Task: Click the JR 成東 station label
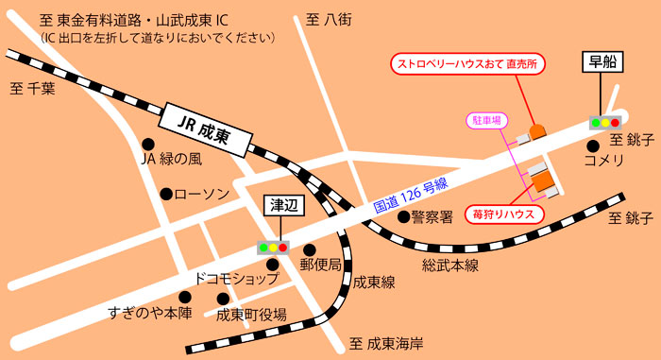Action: [x=207, y=125]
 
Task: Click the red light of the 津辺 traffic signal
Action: [x=282, y=248]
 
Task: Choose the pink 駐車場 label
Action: [x=487, y=120]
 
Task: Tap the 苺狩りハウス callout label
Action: [x=505, y=214]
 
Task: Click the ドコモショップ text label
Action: [x=236, y=279]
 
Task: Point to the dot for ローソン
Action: [x=165, y=194]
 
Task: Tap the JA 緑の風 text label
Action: [x=171, y=160]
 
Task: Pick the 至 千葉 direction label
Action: [x=33, y=90]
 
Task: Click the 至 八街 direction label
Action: [x=328, y=19]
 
